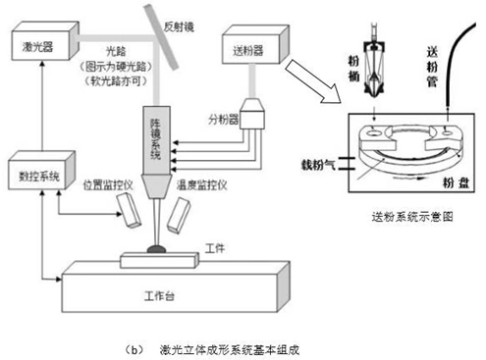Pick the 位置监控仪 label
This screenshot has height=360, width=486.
106,182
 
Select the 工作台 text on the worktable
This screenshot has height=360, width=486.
157,293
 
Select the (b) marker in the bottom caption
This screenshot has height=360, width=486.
135,347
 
